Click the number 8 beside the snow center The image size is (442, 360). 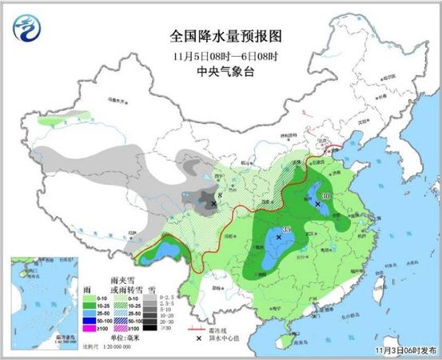pos(221,194)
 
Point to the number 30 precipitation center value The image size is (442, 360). pos(326,196)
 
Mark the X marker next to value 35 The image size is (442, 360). pos(279,238)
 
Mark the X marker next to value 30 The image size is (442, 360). pos(318,205)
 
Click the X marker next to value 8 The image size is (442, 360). pos(213,203)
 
